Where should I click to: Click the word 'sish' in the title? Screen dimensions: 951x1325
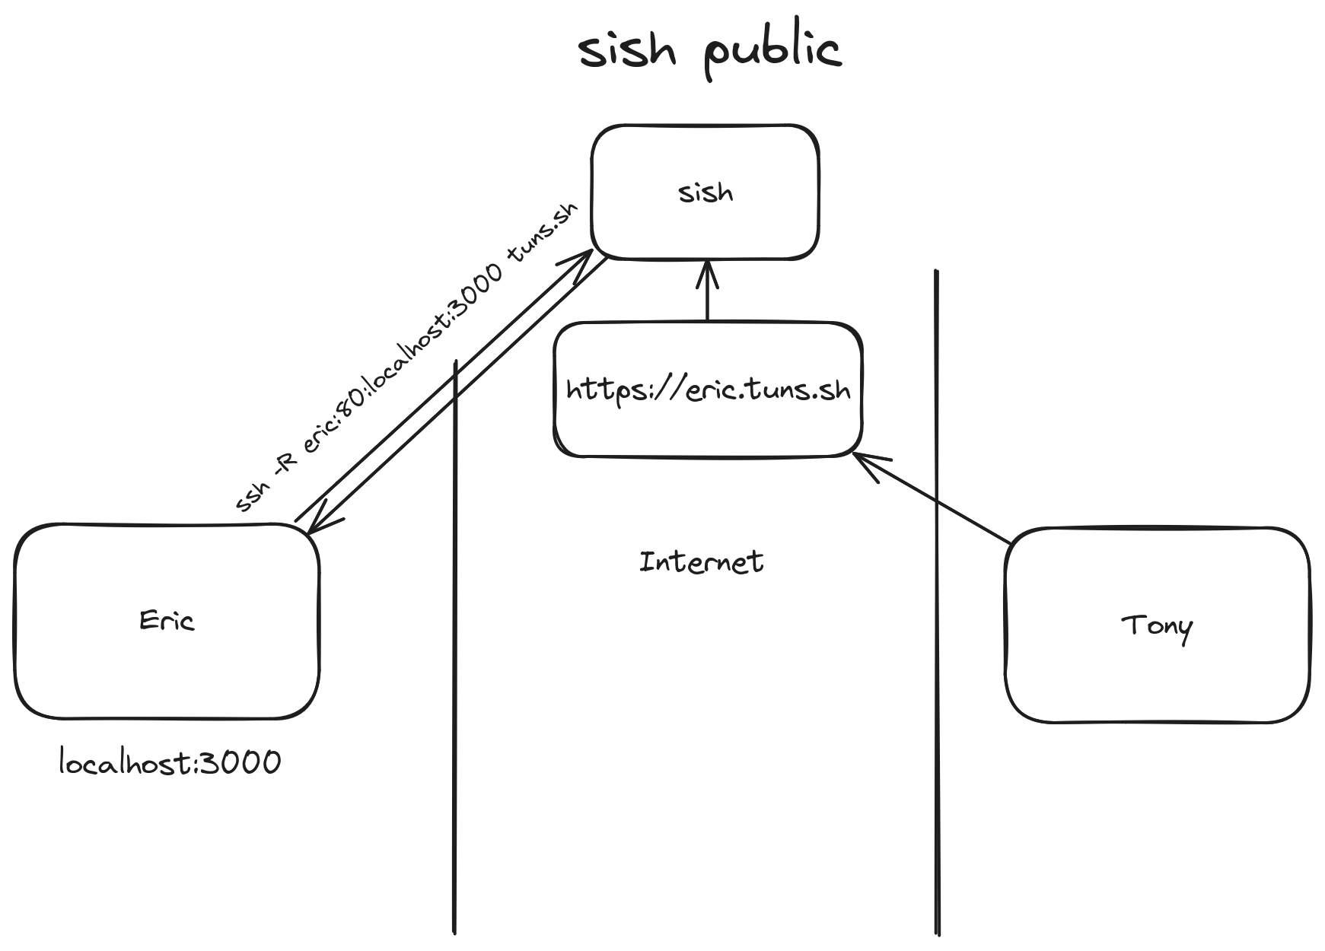[x=626, y=52]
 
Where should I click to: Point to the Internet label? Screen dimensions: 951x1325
[x=701, y=562]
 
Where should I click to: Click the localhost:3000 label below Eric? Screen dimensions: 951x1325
[x=170, y=762]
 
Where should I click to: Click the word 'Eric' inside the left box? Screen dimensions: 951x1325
[x=167, y=621]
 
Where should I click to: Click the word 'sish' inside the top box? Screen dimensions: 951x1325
[x=705, y=192]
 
